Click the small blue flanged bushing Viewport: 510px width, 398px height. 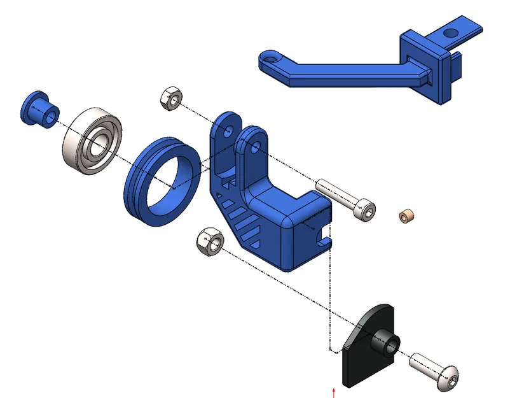click(39, 110)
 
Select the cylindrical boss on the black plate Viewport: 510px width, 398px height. click(386, 345)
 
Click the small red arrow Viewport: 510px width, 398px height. click(334, 391)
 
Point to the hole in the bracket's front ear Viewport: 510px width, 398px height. click(254, 147)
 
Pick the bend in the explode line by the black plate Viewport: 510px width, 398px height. click(328, 350)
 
